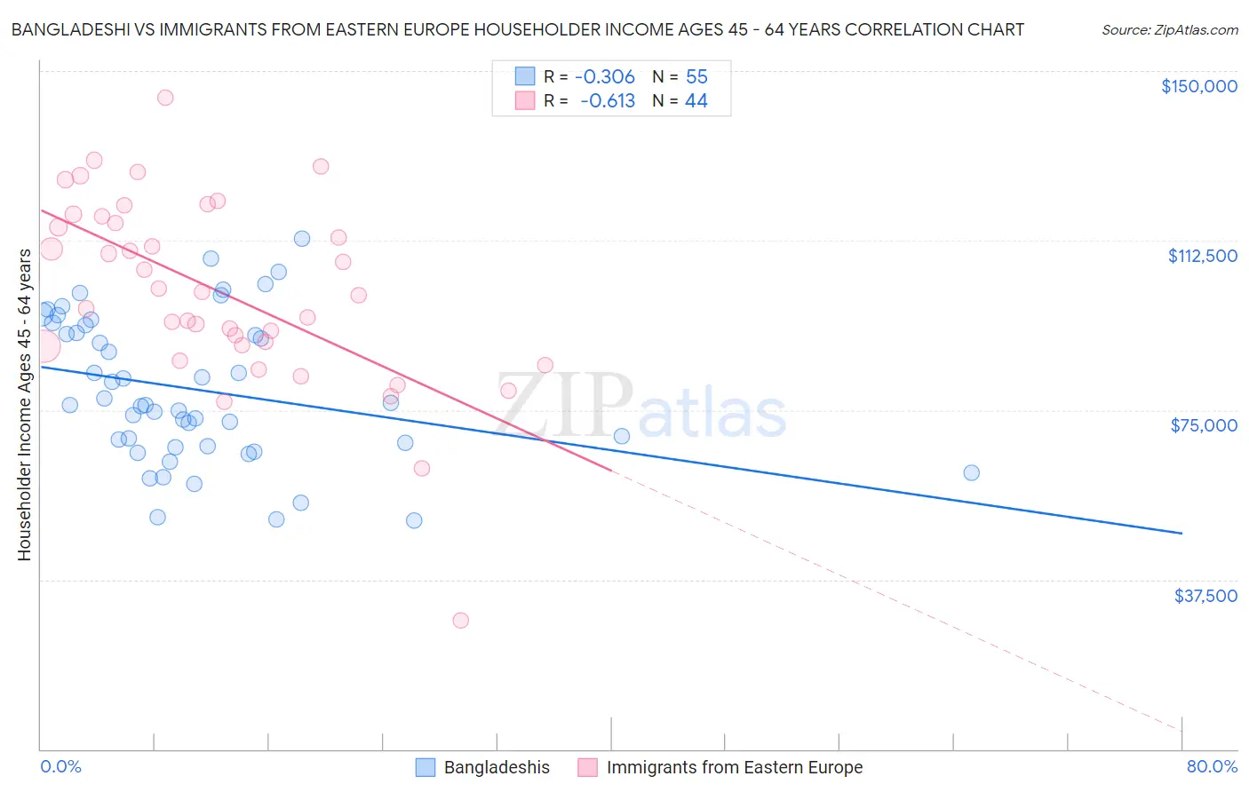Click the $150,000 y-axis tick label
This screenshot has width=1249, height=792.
pyautogui.click(x=1198, y=86)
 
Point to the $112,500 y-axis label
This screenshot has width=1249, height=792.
pyautogui.click(x=1202, y=256)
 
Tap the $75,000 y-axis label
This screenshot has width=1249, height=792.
pyautogui.click(x=1204, y=425)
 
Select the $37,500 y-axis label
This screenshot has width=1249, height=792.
pyautogui.click(x=1205, y=596)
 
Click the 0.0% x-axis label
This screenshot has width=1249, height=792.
pyautogui.click(x=60, y=766)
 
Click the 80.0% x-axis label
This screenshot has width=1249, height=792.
pyautogui.click(x=1212, y=766)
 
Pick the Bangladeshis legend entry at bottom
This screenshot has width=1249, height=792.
pyautogui.click(x=497, y=768)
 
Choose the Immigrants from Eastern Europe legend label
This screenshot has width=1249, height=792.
pyautogui.click(x=734, y=768)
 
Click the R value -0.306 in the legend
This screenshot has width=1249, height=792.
pyautogui.click(x=605, y=77)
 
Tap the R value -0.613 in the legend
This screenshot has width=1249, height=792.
pyautogui.click(x=608, y=101)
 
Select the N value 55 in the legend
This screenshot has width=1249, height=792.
pyautogui.click(x=696, y=77)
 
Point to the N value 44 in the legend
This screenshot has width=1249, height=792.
pyautogui.click(x=696, y=101)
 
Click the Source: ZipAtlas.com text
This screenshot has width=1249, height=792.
pyautogui.click(x=1169, y=30)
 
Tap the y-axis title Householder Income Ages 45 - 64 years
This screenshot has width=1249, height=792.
pyautogui.click(x=25, y=405)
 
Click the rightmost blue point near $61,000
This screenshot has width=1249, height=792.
pyautogui.click(x=971, y=472)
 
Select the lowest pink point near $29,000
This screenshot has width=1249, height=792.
pyautogui.click(x=460, y=620)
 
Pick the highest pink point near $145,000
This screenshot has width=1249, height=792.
pyautogui.click(x=165, y=98)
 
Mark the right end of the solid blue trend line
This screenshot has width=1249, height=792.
pyautogui.click(x=1181, y=533)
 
